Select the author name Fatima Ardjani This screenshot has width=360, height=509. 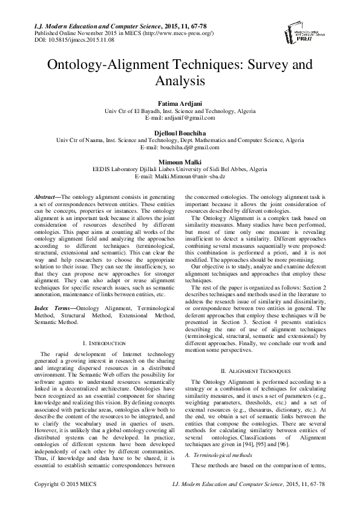180,103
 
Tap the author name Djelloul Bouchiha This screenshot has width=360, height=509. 180,132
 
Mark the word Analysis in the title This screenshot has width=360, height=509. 180,80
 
